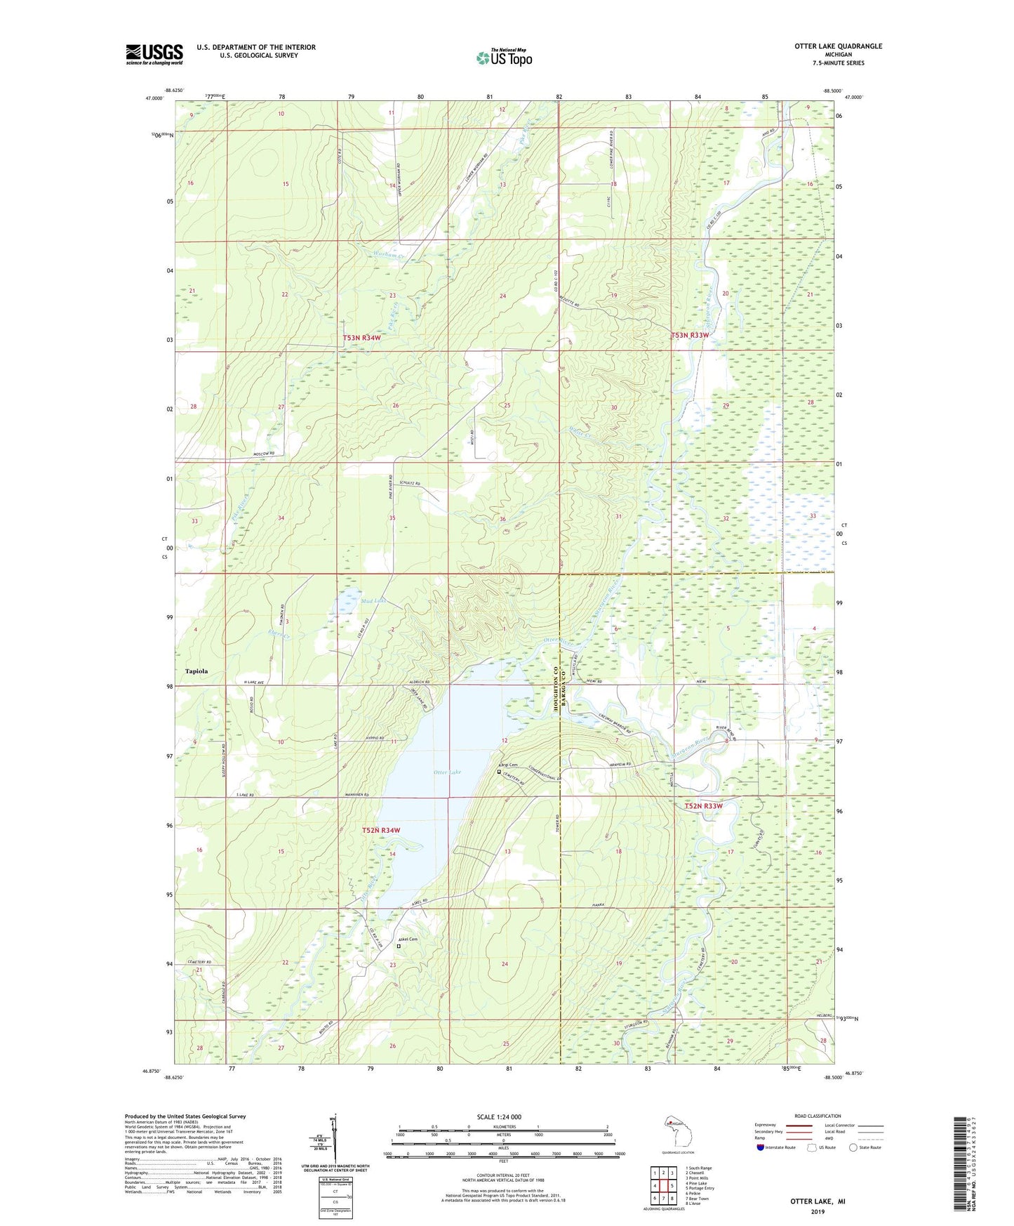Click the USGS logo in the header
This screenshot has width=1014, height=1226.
click(154, 54)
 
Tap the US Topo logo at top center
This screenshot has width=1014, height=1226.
click(504, 58)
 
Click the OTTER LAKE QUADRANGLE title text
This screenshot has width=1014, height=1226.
click(838, 46)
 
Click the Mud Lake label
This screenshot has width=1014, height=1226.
click(373, 601)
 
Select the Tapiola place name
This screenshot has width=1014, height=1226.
click(196, 671)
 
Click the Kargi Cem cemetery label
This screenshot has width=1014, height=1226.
click(508, 765)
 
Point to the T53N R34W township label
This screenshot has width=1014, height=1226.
click(361, 338)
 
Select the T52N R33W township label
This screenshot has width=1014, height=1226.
click(703, 806)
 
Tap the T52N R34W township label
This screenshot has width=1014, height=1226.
click(381, 830)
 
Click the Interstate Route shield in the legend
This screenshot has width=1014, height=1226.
click(761, 1147)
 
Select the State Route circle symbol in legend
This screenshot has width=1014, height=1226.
click(853, 1147)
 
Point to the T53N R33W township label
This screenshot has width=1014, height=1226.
click(690, 336)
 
